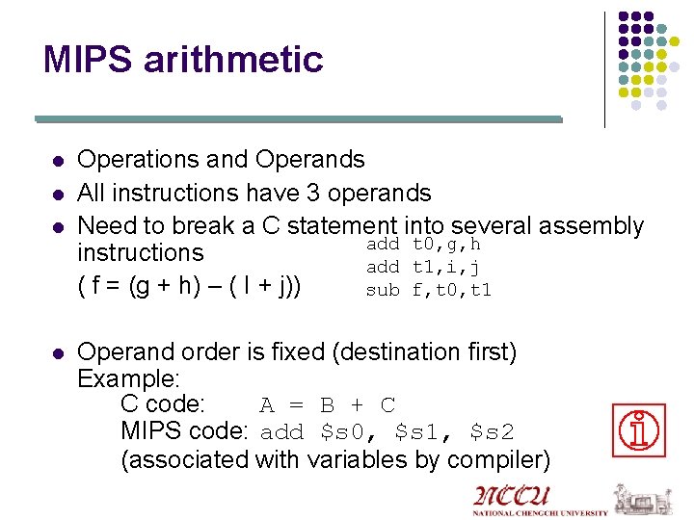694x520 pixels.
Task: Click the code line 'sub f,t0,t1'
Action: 429,289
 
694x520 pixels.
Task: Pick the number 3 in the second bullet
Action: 312,194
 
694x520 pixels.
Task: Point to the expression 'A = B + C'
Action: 328,405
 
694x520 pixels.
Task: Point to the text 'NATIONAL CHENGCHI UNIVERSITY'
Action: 540,513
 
